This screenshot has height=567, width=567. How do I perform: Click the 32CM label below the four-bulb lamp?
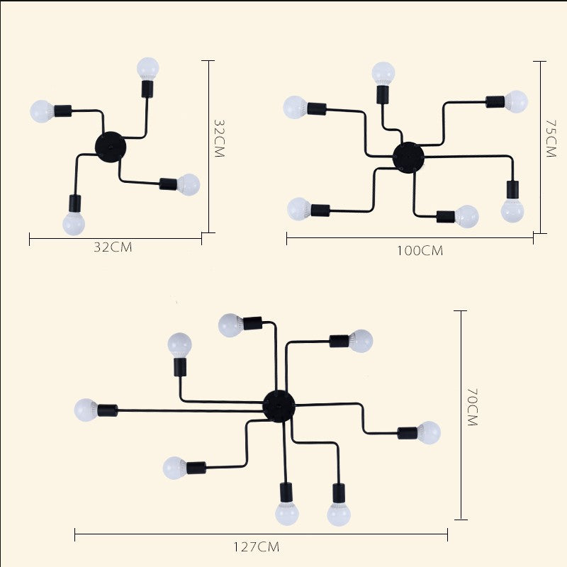tap(113, 247)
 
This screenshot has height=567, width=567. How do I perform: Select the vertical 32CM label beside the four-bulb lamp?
tap(219, 138)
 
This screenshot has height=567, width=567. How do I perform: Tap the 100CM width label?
tap(420, 251)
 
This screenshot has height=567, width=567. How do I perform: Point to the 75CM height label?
tap(551, 138)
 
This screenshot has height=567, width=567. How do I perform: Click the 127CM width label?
tap(256, 546)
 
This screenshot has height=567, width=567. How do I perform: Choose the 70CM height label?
tap(473, 407)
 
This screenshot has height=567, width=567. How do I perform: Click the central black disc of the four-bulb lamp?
tap(111, 147)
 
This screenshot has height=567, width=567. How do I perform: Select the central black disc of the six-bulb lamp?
tap(409, 157)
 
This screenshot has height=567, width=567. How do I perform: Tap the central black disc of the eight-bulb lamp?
tap(279, 406)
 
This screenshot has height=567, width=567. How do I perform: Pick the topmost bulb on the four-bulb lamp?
tap(148, 69)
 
